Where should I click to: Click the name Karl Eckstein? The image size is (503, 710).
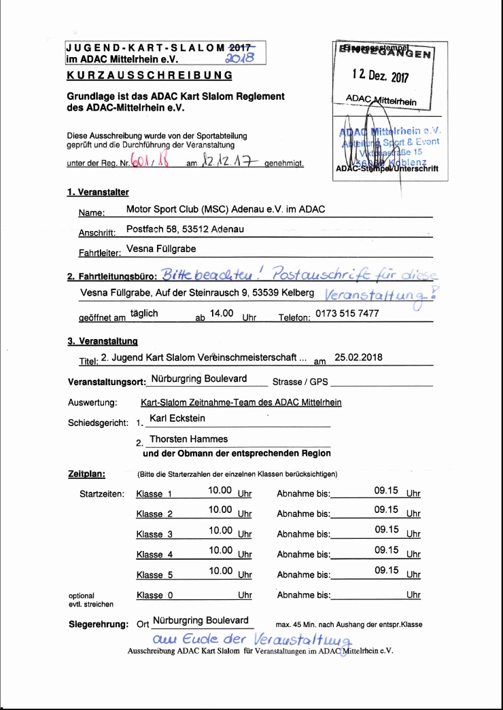[177, 419]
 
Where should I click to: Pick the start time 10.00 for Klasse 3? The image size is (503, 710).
[221, 530]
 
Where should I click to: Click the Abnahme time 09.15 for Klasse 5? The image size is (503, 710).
[386, 570]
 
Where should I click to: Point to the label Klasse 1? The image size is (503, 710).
[154, 493]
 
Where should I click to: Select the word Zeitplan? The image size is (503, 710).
[86, 473]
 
